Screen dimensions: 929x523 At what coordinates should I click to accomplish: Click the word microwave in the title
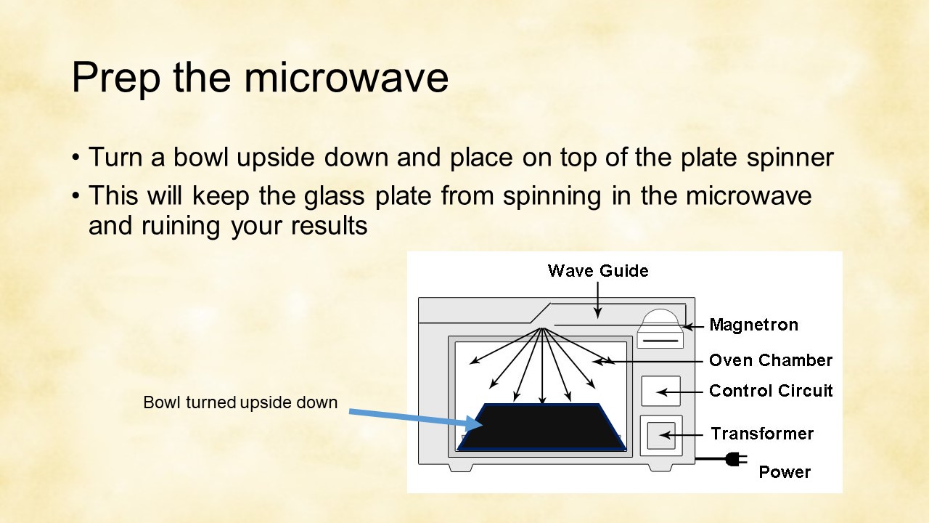click(x=346, y=77)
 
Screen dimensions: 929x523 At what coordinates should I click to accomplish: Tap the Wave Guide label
click(x=598, y=271)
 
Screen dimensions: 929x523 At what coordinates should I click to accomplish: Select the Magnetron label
click(x=754, y=325)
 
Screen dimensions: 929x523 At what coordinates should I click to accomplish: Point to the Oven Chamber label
click(x=771, y=360)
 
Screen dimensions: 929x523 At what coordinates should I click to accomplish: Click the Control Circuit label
click(x=771, y=391)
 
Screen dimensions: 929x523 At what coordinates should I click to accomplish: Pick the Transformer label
click(x=762, y=434)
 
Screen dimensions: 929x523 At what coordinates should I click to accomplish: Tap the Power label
click(x=785, y=472)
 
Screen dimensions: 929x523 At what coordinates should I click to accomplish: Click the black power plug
click(x=736, y=459)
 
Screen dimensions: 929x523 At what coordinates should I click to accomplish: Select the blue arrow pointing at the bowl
click(x=416, y=419)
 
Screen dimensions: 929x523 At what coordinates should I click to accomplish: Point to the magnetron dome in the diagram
click(x=660, y=317)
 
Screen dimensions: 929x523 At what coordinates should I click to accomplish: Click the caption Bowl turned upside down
click(x=240, y=402)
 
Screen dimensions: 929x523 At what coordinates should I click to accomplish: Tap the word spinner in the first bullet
click(x=790, y=158)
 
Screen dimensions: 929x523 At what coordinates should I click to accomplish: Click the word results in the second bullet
click(x=329, y=226)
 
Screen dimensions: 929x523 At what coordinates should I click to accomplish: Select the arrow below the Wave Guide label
click(x=597, y=301)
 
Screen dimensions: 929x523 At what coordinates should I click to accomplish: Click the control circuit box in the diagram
click(x=660, y=391)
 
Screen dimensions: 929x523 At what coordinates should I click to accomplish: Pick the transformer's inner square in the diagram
click(x=661, y=435)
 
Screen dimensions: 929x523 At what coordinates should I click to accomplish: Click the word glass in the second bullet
click(x=335, y=197)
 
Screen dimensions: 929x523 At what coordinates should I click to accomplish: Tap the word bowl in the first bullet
click(x=201, y=157)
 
